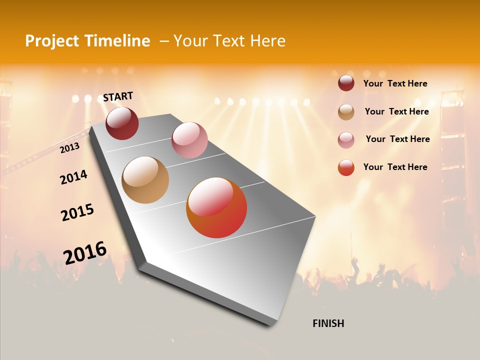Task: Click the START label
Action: (x=118, y=96)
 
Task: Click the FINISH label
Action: (x=328, y=323)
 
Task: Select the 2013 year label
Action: (x=69, y=148)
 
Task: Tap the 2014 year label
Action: (x=73, y=177)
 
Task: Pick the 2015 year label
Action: (x=77, y=212)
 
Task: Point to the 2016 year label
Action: (x=85, y=252)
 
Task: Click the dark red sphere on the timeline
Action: (x=122, y=123)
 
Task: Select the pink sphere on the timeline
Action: (x=189, y=140)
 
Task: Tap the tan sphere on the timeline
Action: (x=145, y=180)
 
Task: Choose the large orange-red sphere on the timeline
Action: (x=216, y=207)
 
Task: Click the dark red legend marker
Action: (x=346, y=83)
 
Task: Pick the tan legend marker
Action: (x=346, y=112)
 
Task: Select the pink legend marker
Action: (x=346, y=140)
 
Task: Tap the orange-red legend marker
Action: (x=346, y=167)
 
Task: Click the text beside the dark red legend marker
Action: (x=395, y=83)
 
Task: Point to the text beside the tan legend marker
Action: (x=396, y=111)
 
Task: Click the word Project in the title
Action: (x=52, y=41)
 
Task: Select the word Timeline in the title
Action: (x=117, y=41)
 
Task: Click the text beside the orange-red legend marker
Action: (x=395, y=167)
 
